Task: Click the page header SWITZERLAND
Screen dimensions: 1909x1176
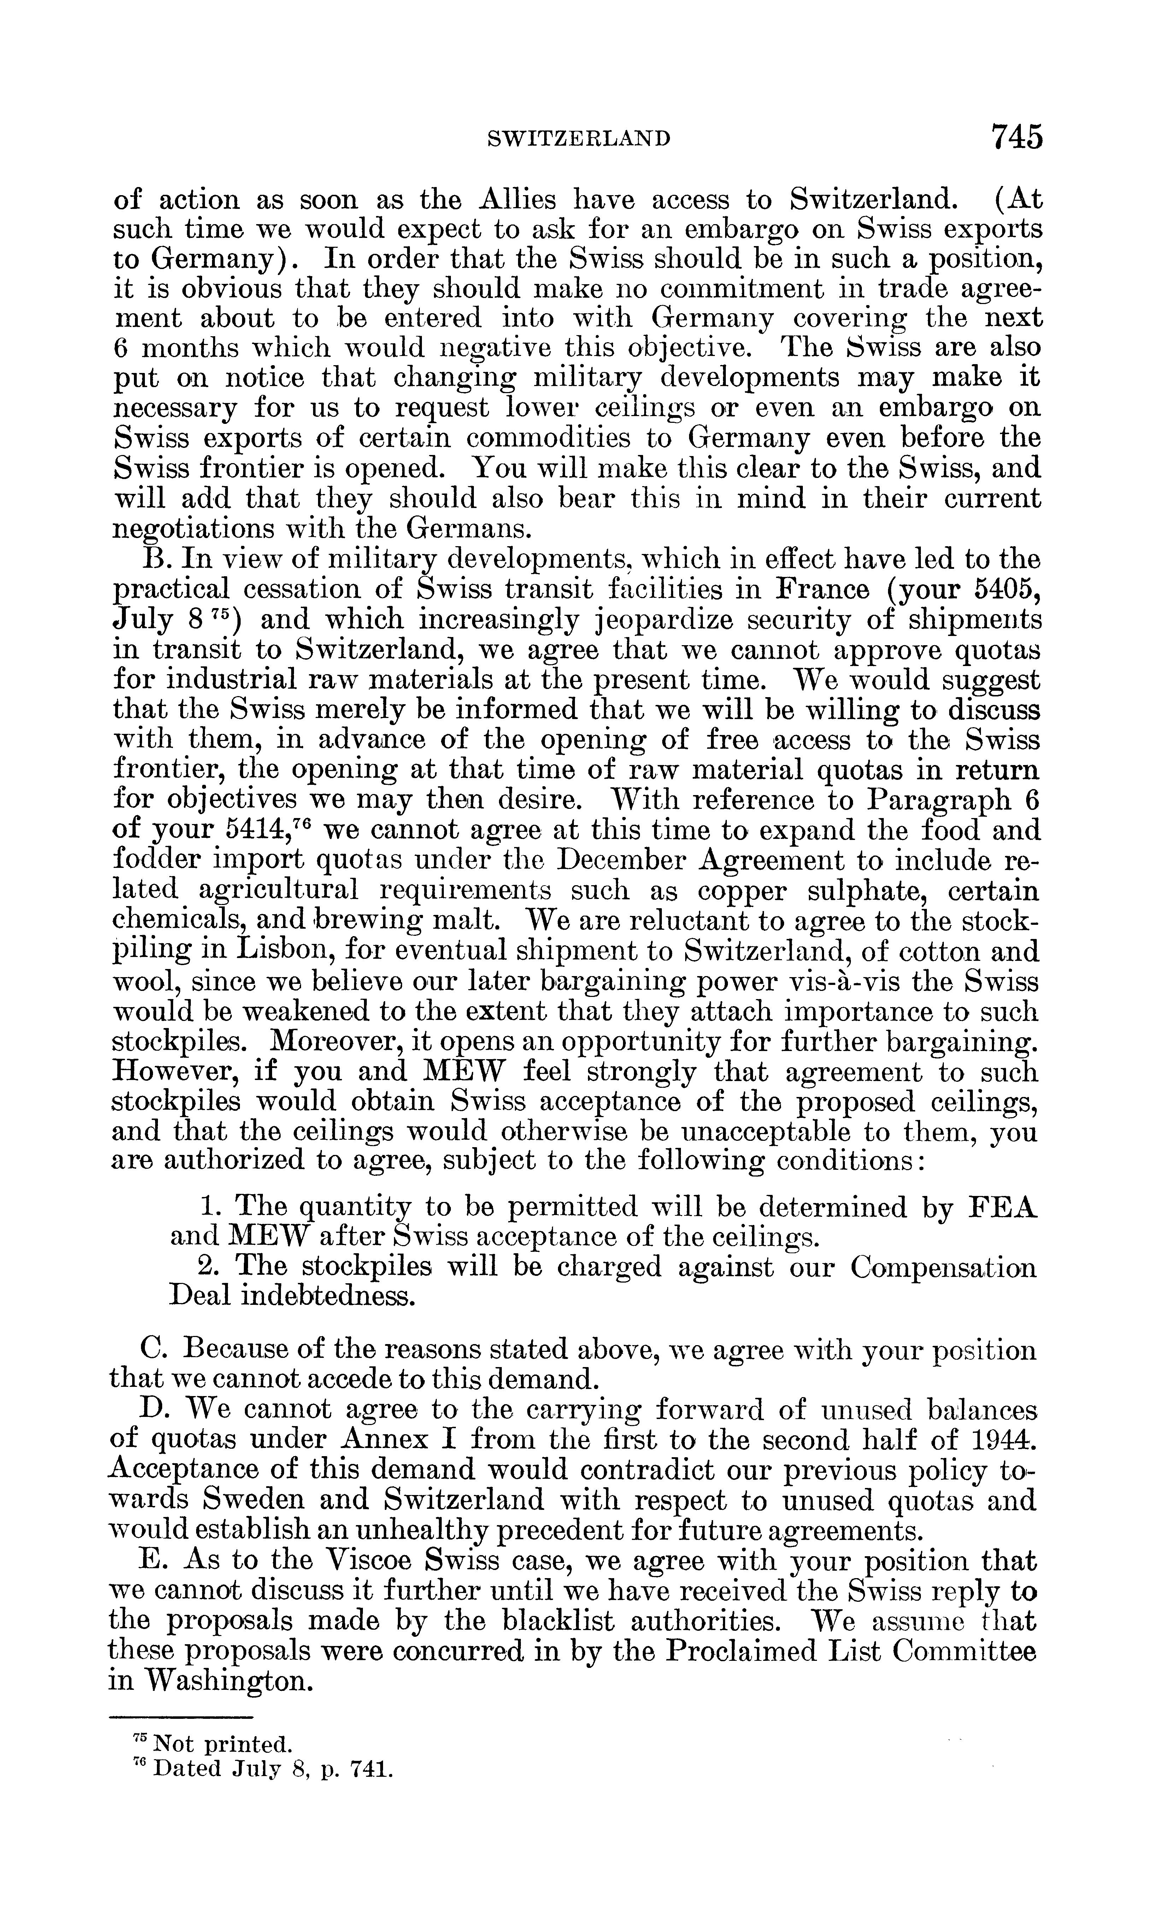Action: [x=578, y=139]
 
